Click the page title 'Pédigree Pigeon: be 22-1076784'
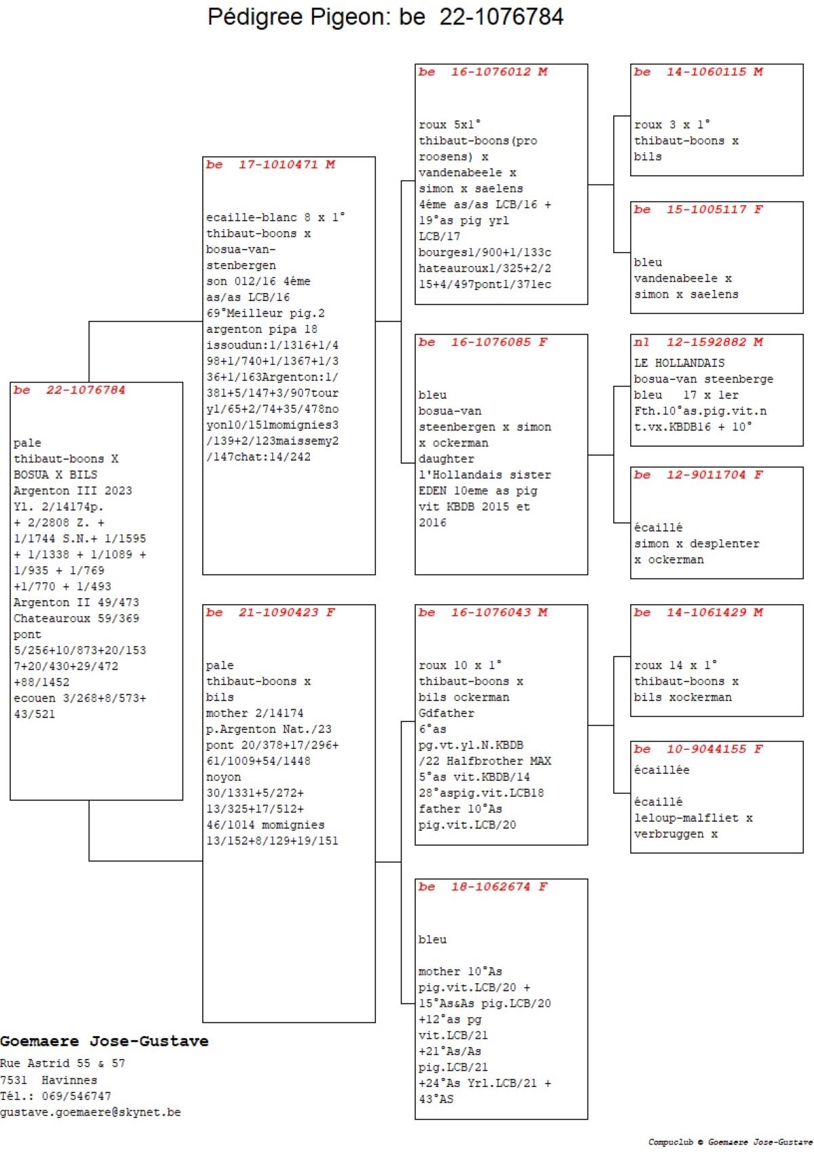(x=385, y=17)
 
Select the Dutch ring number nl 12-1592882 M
(x=699, y=342)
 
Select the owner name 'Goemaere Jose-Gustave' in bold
(x=104, y=1042)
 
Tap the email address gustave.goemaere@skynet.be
(x=90, y=1112)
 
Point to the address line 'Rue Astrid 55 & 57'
(x=62, y=1063)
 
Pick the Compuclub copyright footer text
(x=730, y=1142)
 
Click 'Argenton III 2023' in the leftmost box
(x=73, y=491)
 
